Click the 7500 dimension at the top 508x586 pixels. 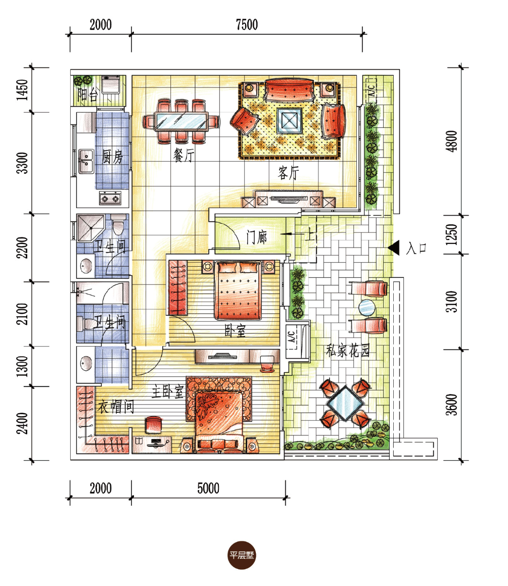pyautogui.click(x=247, y=25)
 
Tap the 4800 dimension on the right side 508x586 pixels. pyautogui.click(x=452, y=141)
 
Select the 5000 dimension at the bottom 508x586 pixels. pyautogui.click(x=208, y=488)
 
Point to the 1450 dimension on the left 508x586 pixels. pyautogui.click(x=22, y=90)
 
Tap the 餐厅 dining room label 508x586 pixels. pyautogui.click(x=183, y=155)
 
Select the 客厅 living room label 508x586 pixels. pyautogui.click(x=289, y=173)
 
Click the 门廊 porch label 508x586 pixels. pyautogui.click(x=257, y=237)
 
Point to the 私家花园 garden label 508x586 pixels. pyautogui.click(x=348, y=351)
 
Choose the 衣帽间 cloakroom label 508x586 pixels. pyautogui.click(x=116, y=407)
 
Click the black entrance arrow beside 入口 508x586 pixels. pyautogui.click(x=394, y=248)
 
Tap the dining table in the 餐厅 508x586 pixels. pyautogui.click(x=181, y=121)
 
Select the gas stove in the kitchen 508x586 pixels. pyautogui.click(x=110, y=198)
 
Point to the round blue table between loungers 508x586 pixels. pyautogui.click(x=366, y=308)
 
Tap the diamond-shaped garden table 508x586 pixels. pyautogui.click(x=345, y=404)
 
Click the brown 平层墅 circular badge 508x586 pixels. pyautogui.click(x=242, y=555)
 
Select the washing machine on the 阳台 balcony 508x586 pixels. pyautogui.click(x=111, y=84)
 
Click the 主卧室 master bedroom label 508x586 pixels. pyautogui.click(x=168, y=392)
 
